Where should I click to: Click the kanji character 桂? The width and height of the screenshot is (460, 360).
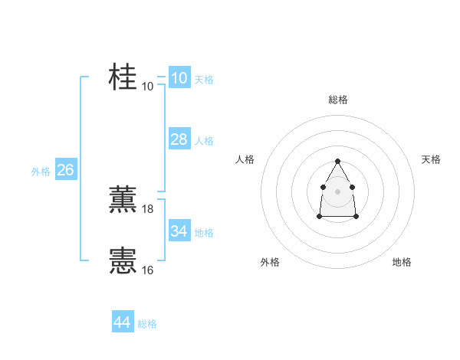tap(123, 77)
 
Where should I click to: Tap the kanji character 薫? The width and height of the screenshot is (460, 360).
tap(123, 199)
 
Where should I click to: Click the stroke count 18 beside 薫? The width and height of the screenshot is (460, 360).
tap(148, 208)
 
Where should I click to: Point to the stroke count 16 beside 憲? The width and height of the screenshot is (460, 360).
tap(148, 270)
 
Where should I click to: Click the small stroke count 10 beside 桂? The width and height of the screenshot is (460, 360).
tap(148, 86)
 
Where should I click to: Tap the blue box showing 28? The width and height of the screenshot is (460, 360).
tap(179, 139)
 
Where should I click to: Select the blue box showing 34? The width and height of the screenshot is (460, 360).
tap(179, 231)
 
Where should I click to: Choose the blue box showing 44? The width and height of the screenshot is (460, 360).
tap(122, 322)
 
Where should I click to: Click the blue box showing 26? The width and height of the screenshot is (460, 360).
tap(65, 170)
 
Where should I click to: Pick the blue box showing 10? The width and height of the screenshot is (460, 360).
tap(179, 78)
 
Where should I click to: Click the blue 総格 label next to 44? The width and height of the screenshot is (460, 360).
tap(147, 324)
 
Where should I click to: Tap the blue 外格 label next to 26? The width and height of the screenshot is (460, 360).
tap(41, 172)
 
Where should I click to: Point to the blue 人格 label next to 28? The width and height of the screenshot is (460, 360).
tap(204, 141)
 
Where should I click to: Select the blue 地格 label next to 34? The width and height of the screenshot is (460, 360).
tap(204, 233)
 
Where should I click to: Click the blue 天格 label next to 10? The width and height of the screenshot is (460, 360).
tap(204, 80)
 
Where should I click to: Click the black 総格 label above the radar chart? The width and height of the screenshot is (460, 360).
tap(337, 100)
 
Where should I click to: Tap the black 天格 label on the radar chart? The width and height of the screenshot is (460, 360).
tap(431, 159)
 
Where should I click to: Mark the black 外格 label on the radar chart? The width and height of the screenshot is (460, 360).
tap(270, 262)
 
